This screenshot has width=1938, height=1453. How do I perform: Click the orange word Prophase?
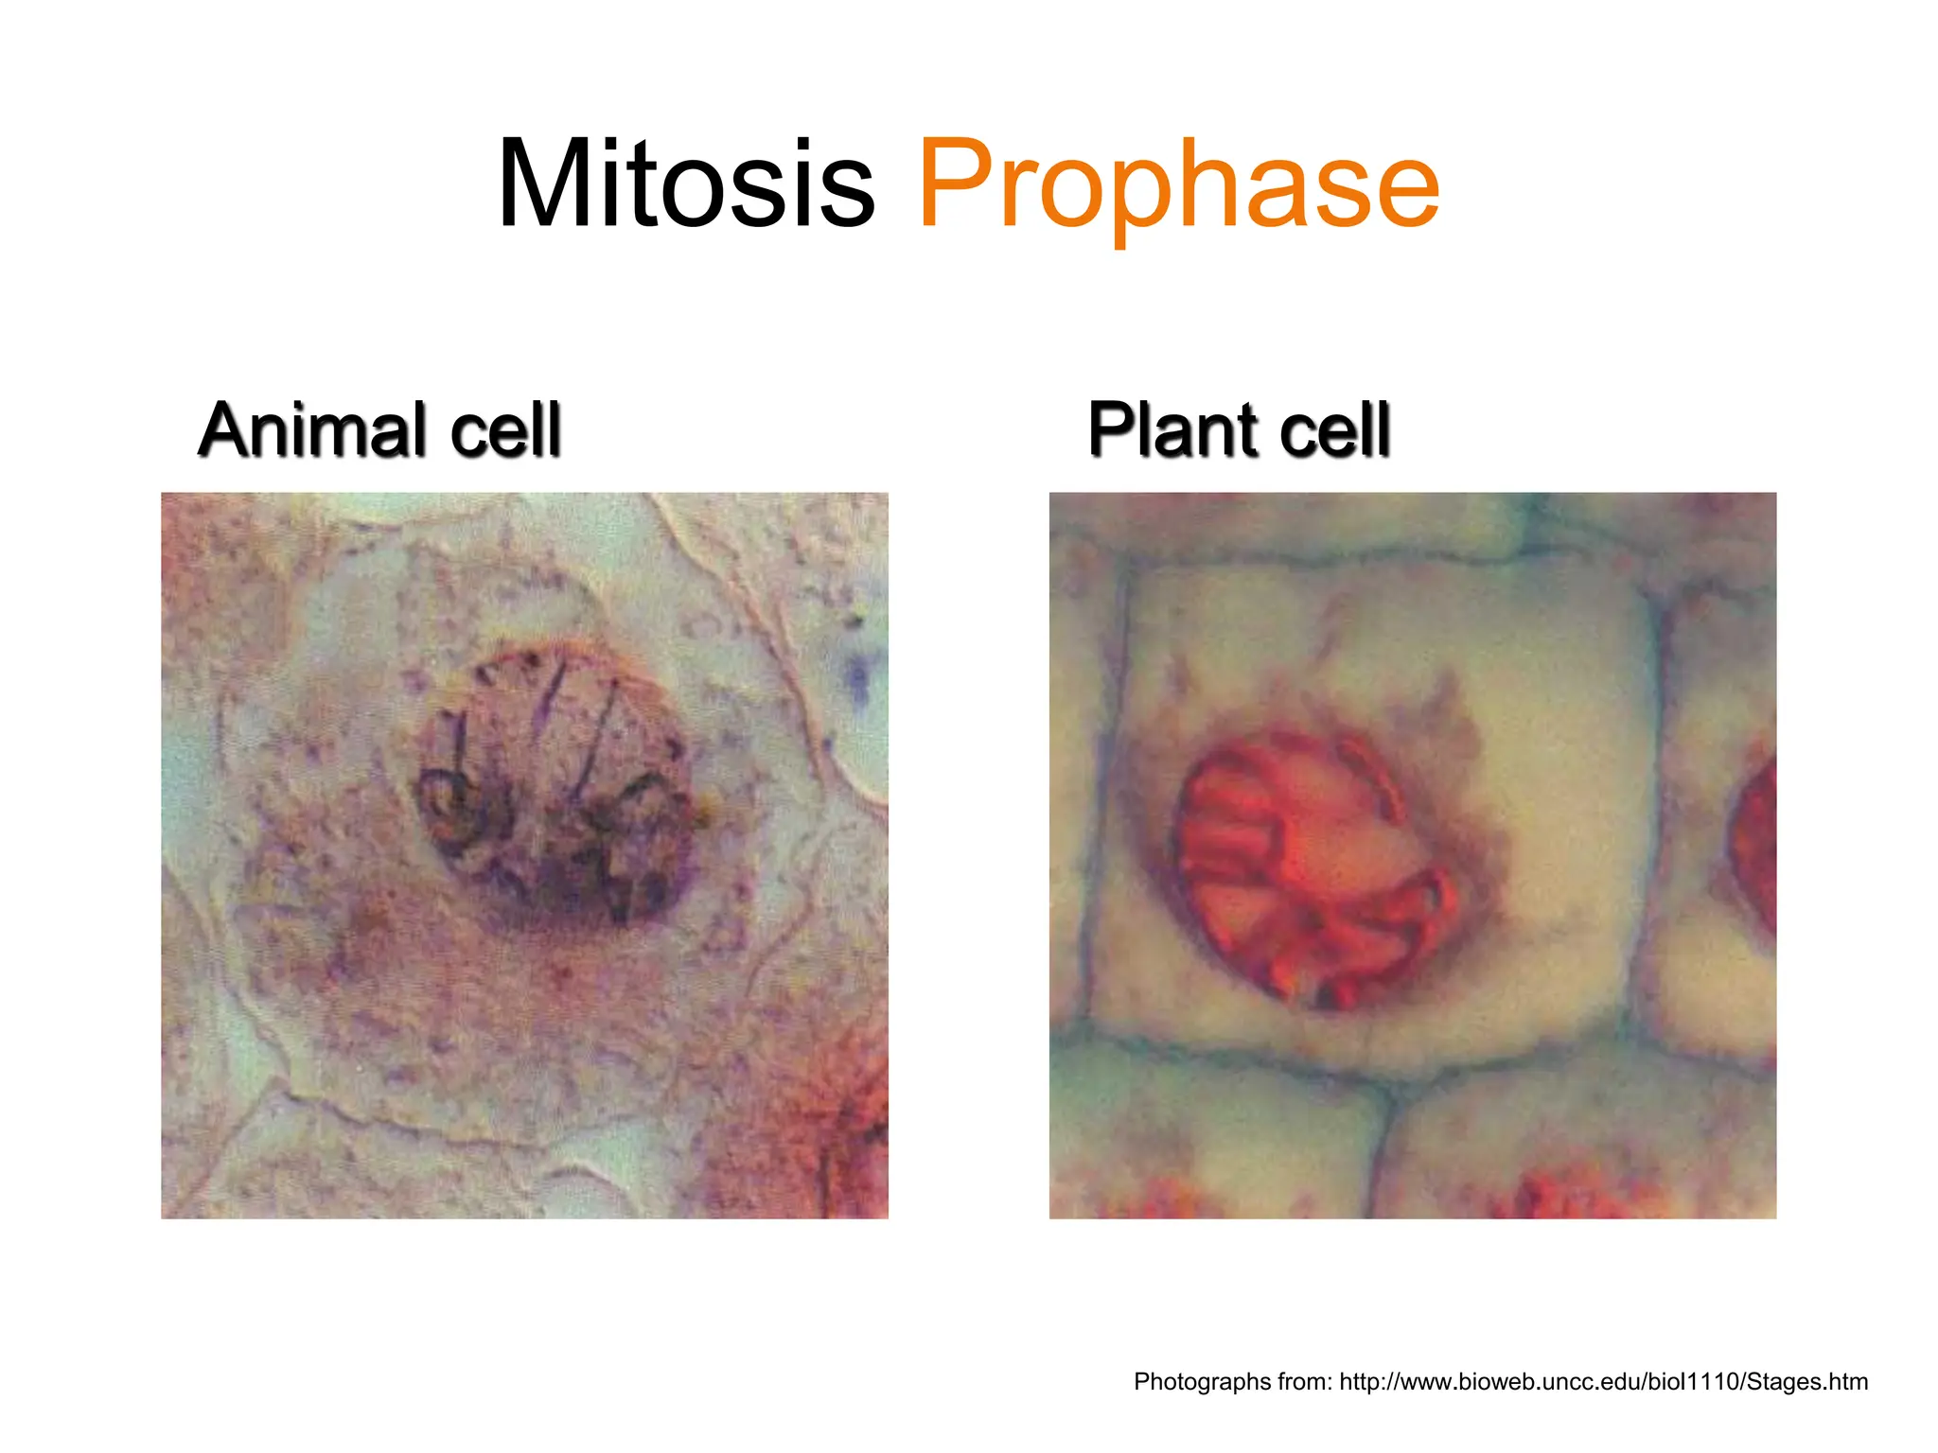1178,185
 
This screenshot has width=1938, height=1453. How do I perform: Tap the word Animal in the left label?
313,430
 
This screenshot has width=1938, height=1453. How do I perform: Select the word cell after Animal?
505,430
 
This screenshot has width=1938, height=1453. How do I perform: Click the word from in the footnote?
1305,1382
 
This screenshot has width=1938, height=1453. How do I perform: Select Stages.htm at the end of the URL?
1806,1382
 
